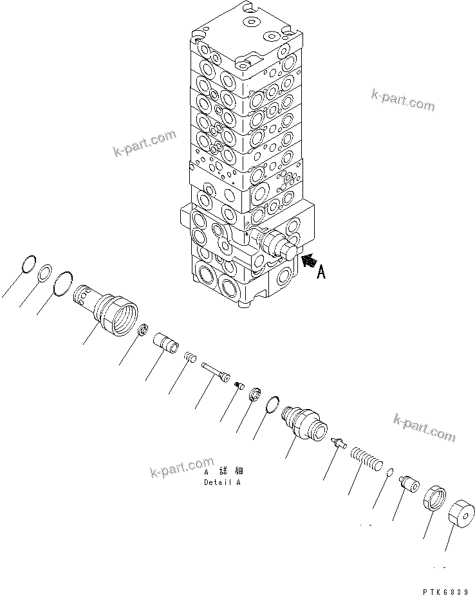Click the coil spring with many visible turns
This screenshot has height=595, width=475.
point(366,460)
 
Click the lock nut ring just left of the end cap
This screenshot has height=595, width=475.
point(435,499)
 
